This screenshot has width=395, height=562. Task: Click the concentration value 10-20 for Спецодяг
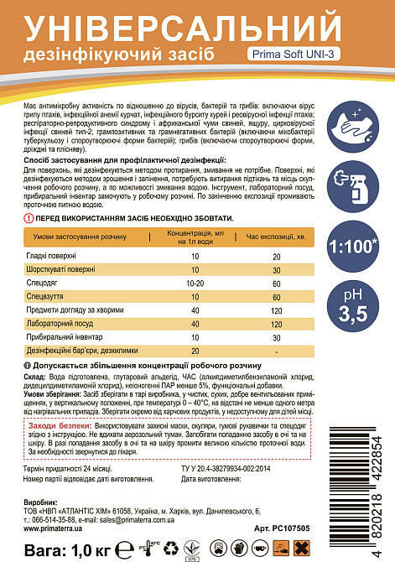tap(195, 283)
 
